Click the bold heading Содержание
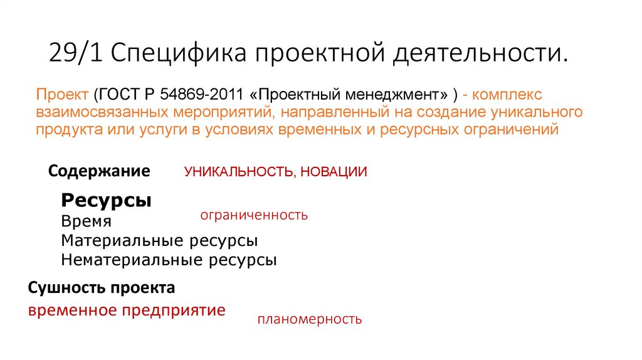click(99, 171)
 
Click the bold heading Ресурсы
click(107, 201)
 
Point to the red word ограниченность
click(254, 215)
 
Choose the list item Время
click(87, 221)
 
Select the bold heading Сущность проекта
click(102, 289)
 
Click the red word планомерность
click(310, 319)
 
